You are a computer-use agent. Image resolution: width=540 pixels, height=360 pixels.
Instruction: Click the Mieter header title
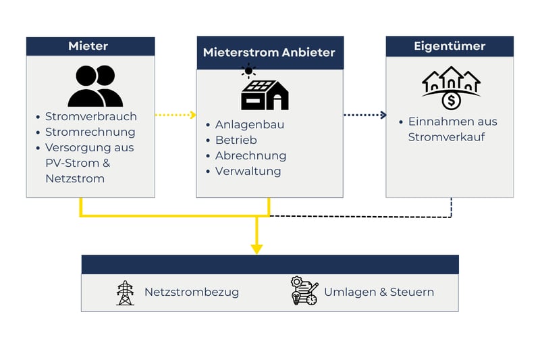(x=88, y=46)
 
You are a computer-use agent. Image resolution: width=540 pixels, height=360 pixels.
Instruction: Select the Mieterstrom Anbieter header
(x=269, y=52)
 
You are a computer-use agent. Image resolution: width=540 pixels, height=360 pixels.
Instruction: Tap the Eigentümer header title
(x=450, y=46)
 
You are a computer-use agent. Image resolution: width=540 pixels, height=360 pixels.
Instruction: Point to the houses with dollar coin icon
(x=451, y=88)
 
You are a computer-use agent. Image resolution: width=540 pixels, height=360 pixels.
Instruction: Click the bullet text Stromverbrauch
(x=90, y=116)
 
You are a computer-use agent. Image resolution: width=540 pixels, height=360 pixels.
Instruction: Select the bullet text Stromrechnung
(x=90, y=132)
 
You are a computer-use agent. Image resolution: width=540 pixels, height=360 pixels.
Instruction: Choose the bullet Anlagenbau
(x=249, y=124)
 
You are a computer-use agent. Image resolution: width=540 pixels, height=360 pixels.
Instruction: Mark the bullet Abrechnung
(x=250, y=155)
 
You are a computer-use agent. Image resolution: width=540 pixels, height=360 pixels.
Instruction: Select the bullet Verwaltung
(x=248, y=171)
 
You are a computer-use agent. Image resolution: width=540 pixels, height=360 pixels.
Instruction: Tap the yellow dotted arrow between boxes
(x=175, y=115)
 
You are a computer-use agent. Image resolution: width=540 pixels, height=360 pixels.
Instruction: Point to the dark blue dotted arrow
(x=364, y=115)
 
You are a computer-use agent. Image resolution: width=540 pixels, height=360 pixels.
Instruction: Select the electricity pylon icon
(x=125, y=292)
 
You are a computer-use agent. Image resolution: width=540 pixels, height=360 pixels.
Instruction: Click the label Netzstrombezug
(x=191, y=292)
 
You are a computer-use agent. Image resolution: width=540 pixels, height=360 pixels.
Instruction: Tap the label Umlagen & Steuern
(x=379, y=292)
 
